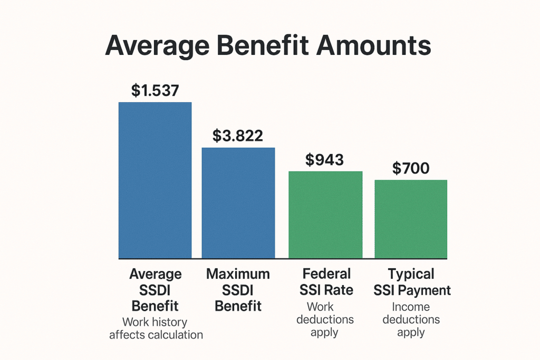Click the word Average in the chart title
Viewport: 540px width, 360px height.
(x=157, y=46)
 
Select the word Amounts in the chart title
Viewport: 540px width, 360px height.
(x=374, y=45)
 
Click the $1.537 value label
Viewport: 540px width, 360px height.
(x=155, y=91)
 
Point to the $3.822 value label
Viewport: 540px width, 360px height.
(x=238, y=135)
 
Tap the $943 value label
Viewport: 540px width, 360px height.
(x=324, y=160)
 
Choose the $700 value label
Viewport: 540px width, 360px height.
(x=411, y=168)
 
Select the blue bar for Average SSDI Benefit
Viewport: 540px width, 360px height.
(x=155, y=180)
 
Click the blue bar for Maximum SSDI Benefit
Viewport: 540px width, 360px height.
(x=238, y=203)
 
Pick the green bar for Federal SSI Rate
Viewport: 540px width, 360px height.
(x=325, y=215)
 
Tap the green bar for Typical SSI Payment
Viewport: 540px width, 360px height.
(x=411, y=219)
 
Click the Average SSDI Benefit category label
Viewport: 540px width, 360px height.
(x=156, y=290)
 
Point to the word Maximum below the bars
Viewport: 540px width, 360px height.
(x=238, y=274)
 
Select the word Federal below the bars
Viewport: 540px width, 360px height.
(x=326, y=274)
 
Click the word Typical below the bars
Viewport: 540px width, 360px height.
(x=411, y=275)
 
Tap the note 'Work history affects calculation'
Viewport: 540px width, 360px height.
(x=156, y=328)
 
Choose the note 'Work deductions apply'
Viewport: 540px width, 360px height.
(x=325, y=319)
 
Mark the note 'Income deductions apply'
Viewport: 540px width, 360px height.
(x=411, y=319)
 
